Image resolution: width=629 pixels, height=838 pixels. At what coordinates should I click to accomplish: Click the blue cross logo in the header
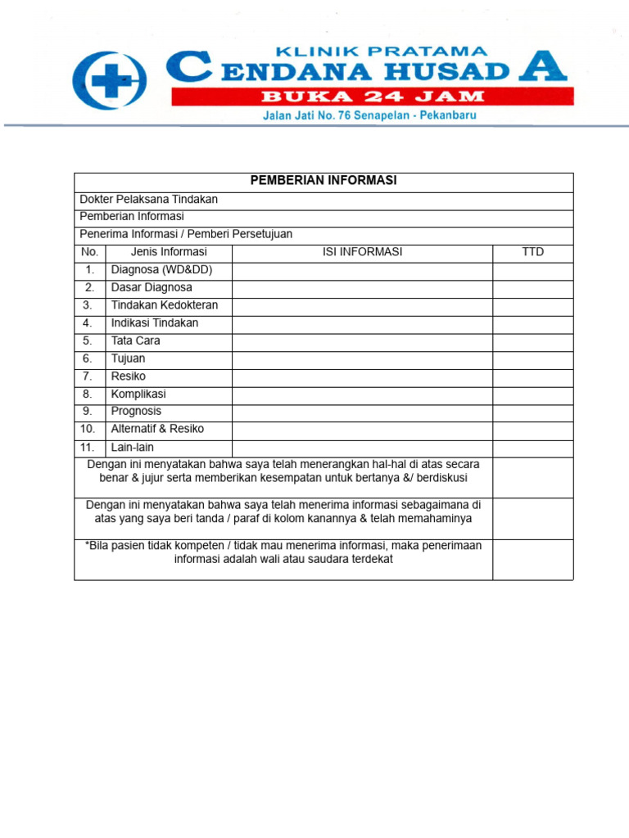[110, 80]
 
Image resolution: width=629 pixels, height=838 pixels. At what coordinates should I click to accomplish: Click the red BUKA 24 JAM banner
[372, 97]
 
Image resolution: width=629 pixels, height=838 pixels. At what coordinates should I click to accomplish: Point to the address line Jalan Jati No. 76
[369, 116]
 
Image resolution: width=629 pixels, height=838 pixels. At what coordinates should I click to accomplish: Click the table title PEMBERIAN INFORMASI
[324, 181]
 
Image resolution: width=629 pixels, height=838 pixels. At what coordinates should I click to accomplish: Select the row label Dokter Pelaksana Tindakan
[148, 199]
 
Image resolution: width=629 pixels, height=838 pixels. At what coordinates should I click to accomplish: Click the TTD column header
[532, 252]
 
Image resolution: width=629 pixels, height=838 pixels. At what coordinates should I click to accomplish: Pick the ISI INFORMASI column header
[362, 252]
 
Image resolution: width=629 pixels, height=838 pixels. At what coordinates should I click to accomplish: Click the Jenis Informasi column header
[169, 252]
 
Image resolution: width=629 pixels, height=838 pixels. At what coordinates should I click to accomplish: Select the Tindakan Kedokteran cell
[165, 305]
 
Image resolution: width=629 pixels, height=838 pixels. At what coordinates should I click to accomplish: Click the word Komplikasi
[138, 394]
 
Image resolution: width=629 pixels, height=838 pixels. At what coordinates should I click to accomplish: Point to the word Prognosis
[136, 411]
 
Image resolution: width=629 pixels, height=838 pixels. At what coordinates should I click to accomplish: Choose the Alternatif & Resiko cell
[157, 429]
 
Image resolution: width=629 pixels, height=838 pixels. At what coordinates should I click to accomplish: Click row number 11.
[88, 448]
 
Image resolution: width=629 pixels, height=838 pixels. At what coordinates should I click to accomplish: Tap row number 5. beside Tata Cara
[88, 340]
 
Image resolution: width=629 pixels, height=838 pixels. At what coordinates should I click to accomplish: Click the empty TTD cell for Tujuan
[532, 359]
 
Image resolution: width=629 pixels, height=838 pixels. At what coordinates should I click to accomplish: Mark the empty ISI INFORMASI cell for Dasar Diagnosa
[362, 288]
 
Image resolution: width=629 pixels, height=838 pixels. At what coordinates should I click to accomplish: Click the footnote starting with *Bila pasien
[283, 552]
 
